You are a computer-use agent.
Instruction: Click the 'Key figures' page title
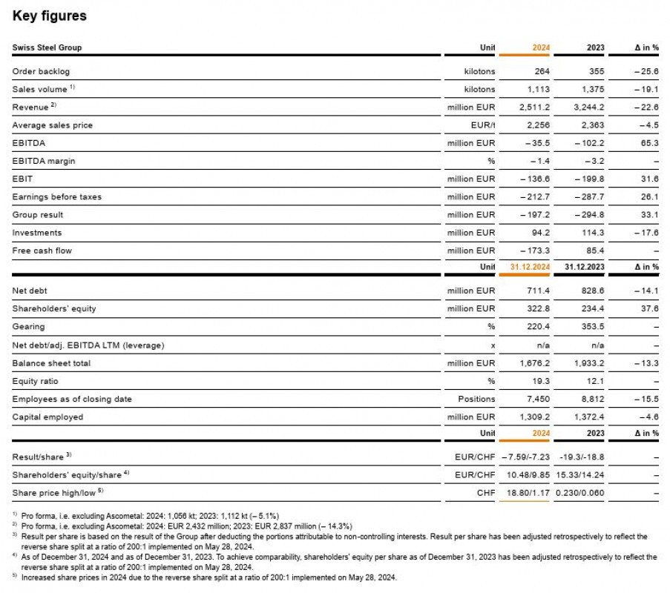[x=49, y=16]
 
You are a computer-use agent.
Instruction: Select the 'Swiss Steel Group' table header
[x=47, y=47]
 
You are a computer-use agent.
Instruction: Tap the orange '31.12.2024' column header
[x=530, y=267]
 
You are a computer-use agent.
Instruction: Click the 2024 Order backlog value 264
[x=541, y=71]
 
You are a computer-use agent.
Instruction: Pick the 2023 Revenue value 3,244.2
[x=588, y=107]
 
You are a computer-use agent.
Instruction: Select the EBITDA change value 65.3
[x=650, y=143]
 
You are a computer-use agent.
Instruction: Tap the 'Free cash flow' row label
[x=42, y=251]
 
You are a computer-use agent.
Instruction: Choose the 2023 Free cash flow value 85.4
[x=594, y=251]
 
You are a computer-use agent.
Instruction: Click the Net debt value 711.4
[x=537, y=291]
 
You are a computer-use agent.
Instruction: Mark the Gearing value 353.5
[x=591, y=326]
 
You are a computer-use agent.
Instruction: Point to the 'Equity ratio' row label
[x=36, y=381]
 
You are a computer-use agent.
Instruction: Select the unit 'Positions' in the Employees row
[x=476, y=399]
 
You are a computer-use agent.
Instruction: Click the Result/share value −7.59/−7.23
[x=526, y=457]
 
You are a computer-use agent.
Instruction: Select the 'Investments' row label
[x=37, y=233]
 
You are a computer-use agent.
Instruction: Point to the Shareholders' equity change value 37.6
[x=650, y=308]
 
